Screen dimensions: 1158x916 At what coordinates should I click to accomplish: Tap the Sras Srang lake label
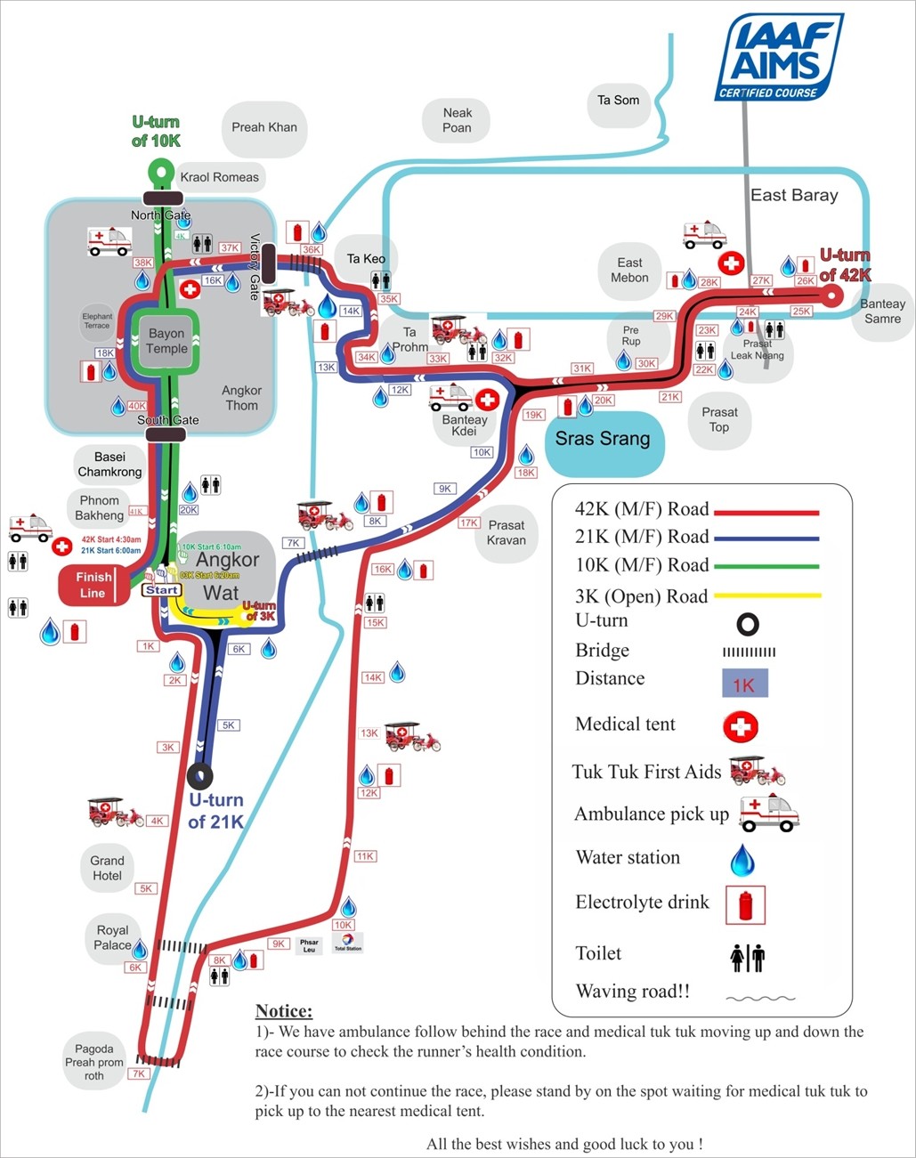[603, 439]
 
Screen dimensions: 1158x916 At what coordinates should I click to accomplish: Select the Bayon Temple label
[167, 341]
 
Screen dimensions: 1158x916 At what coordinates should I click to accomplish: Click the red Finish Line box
[93, 585]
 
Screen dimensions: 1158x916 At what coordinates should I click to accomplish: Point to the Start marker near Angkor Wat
[161, 590]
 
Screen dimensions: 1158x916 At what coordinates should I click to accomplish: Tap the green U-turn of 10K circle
[161, 169]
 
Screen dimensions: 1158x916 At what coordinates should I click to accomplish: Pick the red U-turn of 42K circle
[831, 296]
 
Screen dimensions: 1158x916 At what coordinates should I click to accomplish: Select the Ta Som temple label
[618, 101]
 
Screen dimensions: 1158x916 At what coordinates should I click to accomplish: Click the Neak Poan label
[458, 120]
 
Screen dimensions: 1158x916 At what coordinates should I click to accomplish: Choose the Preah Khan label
[264, 127]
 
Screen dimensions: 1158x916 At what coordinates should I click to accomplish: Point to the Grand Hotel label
[107, 868]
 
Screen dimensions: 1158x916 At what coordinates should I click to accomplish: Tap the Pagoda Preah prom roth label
[94, 1062]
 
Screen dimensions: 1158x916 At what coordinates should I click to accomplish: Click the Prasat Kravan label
[507, 532]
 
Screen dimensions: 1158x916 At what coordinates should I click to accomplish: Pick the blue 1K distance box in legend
[743, 684]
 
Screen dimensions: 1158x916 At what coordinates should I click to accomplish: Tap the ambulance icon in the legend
[769, 813]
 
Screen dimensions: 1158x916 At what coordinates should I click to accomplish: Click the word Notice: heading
[284, 1011]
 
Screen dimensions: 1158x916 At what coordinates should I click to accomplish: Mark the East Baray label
[794, 195]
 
